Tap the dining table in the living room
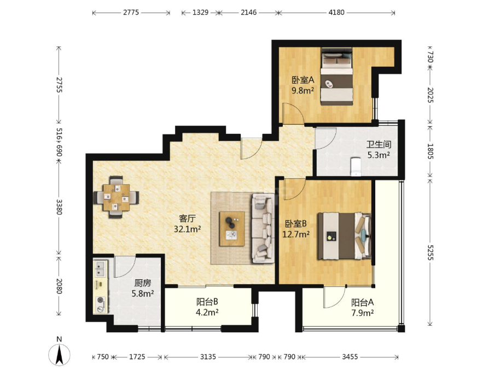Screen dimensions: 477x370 click(x=116, y=197)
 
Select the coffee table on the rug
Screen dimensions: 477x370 click(x=232, y=228)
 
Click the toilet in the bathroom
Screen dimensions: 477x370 click(x=355, y=167)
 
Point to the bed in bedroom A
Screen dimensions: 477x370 click(x=336, y=77)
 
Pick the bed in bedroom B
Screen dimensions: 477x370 click(x=344, y=236)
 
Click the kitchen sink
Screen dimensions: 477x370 click(x=101, y=268)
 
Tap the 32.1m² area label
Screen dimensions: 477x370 click(x=187, y=229)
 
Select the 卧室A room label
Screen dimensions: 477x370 click(x=303, y=80)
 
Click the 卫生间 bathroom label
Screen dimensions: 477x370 click(x=379, y=144)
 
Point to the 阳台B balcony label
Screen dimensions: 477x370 click(x=207, y=302)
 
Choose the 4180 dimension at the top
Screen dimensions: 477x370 click(x=336, y=13)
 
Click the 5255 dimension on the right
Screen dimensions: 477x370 click(x=430, y=252)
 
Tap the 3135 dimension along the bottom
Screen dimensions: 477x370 click(x=208, y=357)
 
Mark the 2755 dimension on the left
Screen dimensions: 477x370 click(x=59, y=85)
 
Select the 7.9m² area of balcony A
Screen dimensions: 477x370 click(x=363, y=313)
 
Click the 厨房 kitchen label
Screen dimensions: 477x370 click(x=143, y=283)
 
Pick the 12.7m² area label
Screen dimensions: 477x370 click(x=296, y=234)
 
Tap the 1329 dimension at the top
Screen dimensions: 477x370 click(x=200, y=13)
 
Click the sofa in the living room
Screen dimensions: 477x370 click(x=262, y=228)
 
